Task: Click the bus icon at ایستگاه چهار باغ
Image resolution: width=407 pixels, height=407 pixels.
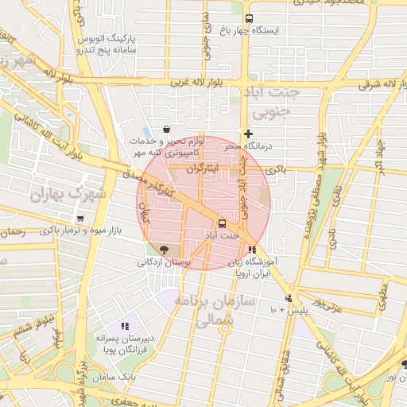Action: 250,18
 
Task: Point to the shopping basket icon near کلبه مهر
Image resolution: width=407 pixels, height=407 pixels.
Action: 165,129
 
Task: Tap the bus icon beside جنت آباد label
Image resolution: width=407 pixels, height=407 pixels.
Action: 222,223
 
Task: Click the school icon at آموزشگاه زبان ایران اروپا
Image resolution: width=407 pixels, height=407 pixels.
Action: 252,250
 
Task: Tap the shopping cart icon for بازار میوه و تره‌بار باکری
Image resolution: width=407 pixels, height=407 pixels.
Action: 80,218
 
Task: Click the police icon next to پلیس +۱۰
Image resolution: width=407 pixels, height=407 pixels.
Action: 288,300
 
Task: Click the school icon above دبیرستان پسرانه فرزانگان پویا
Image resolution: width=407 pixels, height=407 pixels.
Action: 124,325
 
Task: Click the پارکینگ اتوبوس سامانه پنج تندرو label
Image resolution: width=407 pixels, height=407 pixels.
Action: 112,44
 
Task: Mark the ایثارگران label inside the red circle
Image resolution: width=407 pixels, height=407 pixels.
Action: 206,170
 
